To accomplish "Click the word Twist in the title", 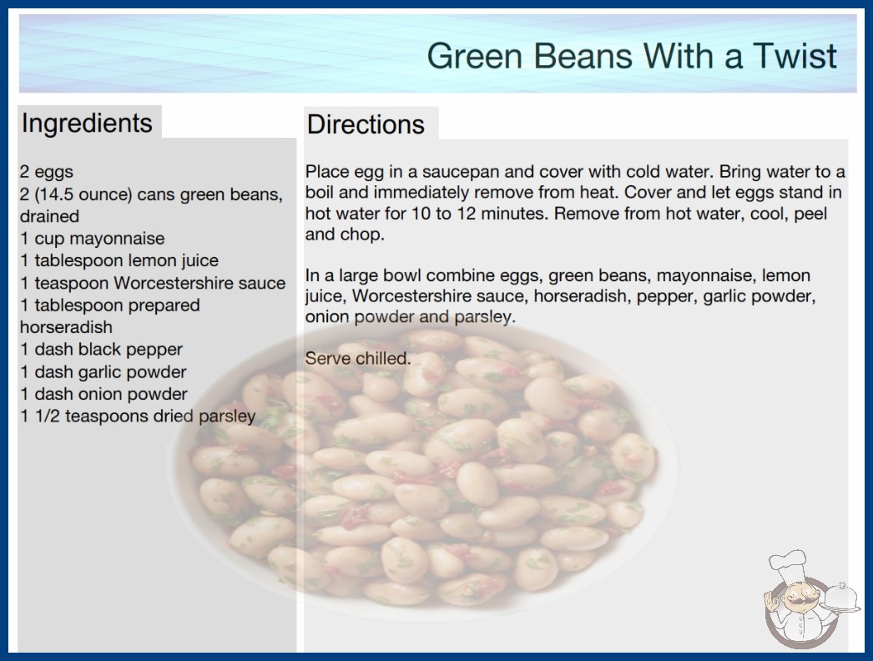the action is pyautogui.click(x=795, y=56).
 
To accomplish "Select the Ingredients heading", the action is pyautogui.click(x=87, y=124).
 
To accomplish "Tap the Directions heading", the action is pyautogui.click(x=366, y=124).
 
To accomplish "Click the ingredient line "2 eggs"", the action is pyautogui.click(x=47, y=172).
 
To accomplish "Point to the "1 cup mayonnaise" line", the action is pyautogui.click(x=93, y=239).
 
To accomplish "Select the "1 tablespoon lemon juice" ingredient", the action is pyautogui.click(x=119, y=260).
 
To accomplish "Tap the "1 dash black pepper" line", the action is pyautogui.click(x=101, y=349).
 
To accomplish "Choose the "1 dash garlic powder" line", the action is pyautogui.click(x=103, y=371).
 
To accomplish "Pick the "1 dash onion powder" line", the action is pyautogui.click(x=103, y=394).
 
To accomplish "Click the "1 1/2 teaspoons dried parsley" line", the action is pyautogui.click(x=138, y=416).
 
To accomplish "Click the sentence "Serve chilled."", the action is pyautogui.click(x=358, y=358).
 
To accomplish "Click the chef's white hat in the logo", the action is pyautogui.click(x=788, y=564).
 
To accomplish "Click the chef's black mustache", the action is pyautogui.click(x=797, y=602).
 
